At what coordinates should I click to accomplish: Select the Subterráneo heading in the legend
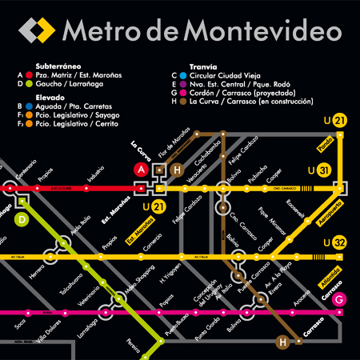coord(57,66)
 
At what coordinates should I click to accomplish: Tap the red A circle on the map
coord(142,170)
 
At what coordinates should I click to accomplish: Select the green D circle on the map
coord(22,218)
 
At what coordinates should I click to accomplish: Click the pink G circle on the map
coord(340,299)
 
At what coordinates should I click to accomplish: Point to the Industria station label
coord(95,174)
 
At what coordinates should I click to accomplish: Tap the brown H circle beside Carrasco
coord(282,342)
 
